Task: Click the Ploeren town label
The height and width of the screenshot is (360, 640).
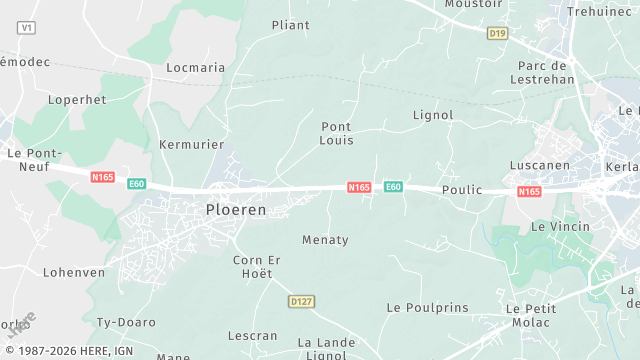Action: click(x=236, y=210)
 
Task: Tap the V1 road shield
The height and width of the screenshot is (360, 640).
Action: click(x=27, y=28)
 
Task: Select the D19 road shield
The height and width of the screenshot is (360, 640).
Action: click(x=497, y=34)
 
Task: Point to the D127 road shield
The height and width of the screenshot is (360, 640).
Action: click(x=301, y=301)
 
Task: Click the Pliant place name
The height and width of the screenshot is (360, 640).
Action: click(x=291, y=25)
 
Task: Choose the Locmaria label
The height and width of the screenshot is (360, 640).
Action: click(x=195, y=68)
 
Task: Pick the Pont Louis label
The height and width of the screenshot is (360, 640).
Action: click(x=336, y=134)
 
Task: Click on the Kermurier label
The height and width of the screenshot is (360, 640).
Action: click(x=191, y=145)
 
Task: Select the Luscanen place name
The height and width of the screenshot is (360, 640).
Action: click(x=538, y=166)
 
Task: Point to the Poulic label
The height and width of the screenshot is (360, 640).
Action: click(x=461, y=190)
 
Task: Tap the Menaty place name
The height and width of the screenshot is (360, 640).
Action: click(x=325, y=240)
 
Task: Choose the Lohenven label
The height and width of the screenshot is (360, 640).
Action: click(x=74, y=272)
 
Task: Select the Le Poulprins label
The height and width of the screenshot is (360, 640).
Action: click(x=427, y=308)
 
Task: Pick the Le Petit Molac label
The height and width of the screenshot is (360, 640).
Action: click(x=531, y=316)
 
